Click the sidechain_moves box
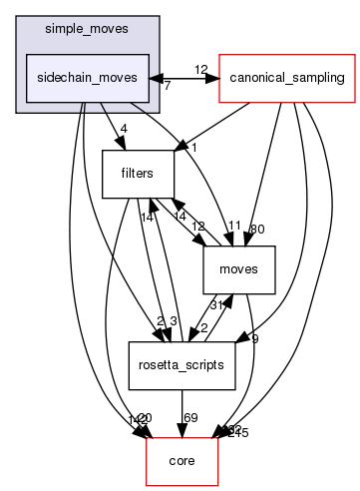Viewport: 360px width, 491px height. pyautogui.click(x=87, y=77)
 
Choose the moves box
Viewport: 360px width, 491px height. pyautogui.click(x=239, y=268)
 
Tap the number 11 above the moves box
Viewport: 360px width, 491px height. pyautogui.click(x=235, y=225)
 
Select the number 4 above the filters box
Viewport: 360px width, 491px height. pyautogui.click(x=123, y=127)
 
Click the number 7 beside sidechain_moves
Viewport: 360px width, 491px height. pyautogui.click(x=166, y=87)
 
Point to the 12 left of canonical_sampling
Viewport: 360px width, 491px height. pyautogui.click(x=200, y=69)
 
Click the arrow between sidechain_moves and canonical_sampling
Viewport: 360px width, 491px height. pyautogui.click(x=183, y=77)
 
